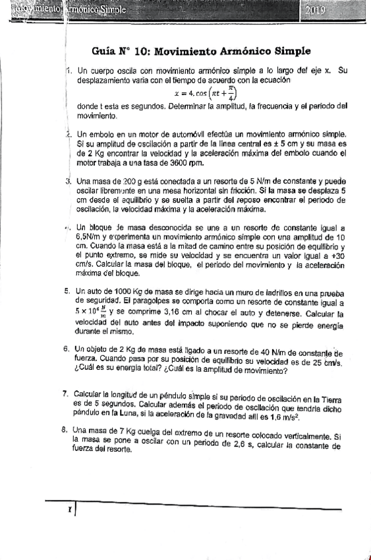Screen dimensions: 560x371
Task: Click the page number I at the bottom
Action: click(68, 510)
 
